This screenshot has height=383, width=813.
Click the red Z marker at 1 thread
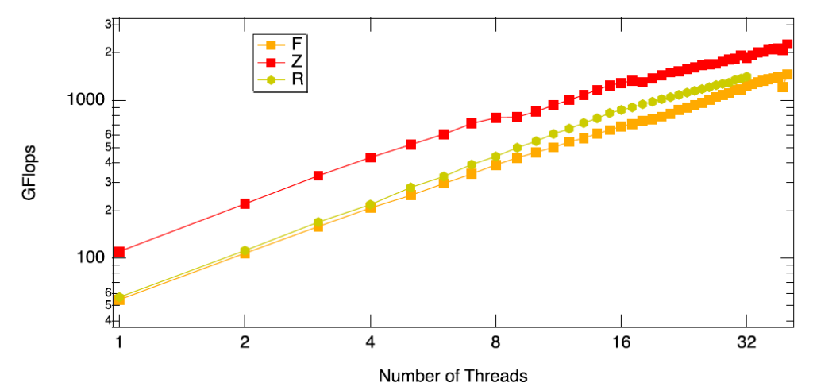click(x=119, y=252)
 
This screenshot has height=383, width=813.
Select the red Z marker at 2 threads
click(x=245, y=204)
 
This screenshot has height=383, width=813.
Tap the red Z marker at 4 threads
click(x=370, y=157)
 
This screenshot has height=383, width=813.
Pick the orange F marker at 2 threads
click(x=245, y=253)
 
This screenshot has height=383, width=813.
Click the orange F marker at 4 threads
click(x=370, y=207)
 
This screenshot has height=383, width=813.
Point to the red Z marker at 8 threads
click(x=495, y=118)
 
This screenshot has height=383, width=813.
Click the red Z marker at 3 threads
click(x=318, y=176)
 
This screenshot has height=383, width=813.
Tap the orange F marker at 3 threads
click(x=318, y=226)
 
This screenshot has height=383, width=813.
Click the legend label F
click(x=296, y=43)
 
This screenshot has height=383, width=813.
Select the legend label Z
click(x=296, y=61)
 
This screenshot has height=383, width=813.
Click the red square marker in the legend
click(x=270, y=62)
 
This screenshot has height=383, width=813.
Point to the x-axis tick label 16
click(x=621, y=344)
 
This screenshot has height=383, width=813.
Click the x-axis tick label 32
click(x=746, y=344)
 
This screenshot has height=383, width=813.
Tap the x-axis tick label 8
click(x=495, y=344)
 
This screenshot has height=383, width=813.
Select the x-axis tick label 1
click(x=119, y=344)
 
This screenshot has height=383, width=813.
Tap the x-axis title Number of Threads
click(x=453, y=374)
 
